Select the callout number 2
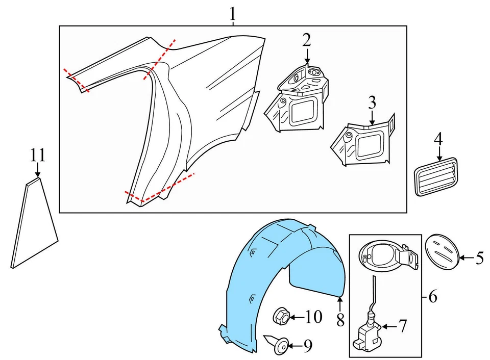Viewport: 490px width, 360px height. [306, 39]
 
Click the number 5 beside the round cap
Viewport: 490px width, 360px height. [479, 259]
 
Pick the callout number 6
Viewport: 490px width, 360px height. [432, 297]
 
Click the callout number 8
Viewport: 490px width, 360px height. [340, 320]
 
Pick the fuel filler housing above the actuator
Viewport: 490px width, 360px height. [385, 255]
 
